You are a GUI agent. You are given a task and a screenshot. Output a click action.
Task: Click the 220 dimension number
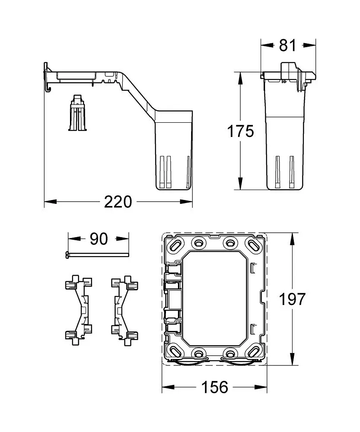pyautogui.click(x=118, y=201)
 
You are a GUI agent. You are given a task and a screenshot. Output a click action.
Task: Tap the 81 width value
pyautogui.click(x=288, y=44)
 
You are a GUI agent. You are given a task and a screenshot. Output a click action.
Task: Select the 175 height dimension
pyautogui.click(x=241, y=131)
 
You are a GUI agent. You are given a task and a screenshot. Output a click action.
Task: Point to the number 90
pyautogui.click(x=99, y=238)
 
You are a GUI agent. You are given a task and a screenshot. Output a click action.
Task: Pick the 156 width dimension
pyautogui.click(x=215, y=387)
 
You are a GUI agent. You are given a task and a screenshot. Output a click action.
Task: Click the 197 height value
pyautogui.click(x=293, y=299)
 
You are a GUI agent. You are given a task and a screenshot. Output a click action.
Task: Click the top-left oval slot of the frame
pyautogui.click(x=176, y=245)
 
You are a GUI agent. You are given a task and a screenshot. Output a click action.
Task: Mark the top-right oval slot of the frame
pyautogui.click(x=254, y=245)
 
